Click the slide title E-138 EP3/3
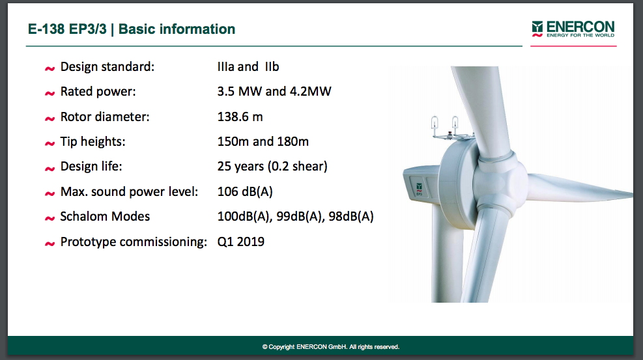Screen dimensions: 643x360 tap(67, 29)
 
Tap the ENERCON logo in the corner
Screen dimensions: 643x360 tap(573, 29)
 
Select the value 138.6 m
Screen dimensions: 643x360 tap(240, 117)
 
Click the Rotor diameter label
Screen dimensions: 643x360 tap(105, 117)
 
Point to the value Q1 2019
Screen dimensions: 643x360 tap(240, 242)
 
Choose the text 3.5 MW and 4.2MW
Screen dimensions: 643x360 tap(274, 91)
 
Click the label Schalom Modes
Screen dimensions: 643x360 tap(105, 216)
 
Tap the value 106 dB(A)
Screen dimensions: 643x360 tap(245, 191)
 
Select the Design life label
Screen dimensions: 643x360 tap(91, 166)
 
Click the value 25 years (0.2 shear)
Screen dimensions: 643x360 tap(272, 166)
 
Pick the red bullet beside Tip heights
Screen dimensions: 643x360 tap(50, 143)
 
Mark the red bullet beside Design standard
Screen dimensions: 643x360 tap(50, 68)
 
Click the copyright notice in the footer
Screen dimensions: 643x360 tap(330, 347)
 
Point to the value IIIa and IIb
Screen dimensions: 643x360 tap(248, 66)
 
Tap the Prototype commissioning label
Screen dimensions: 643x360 tap(134, 242)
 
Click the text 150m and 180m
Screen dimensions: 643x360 tap(263, 141)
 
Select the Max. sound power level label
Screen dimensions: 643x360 tap(129, 191)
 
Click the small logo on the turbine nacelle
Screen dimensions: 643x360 tap(419, 188)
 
